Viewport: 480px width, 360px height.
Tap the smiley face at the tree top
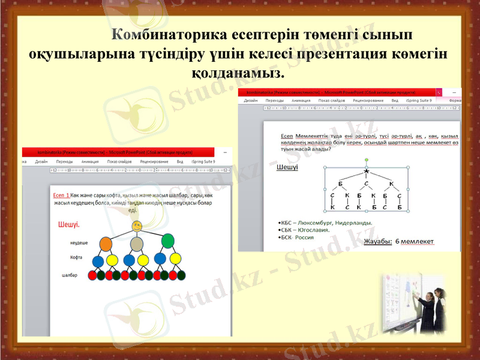137,226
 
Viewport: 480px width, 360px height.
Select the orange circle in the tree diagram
106,244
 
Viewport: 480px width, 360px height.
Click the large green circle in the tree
168,241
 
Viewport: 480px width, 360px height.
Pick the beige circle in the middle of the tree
137,244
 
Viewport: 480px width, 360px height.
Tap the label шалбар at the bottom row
70,275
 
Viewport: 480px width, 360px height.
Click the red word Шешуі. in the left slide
69,224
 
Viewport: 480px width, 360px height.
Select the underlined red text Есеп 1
61,196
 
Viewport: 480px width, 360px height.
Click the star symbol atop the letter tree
366,172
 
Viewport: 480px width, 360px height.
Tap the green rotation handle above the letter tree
366,160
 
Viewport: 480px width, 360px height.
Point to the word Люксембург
317,223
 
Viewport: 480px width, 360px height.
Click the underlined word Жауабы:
378,241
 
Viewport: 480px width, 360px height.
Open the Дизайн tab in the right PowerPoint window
251,101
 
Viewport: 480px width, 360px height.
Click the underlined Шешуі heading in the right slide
287,167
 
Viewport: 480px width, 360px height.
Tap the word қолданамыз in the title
235,76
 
